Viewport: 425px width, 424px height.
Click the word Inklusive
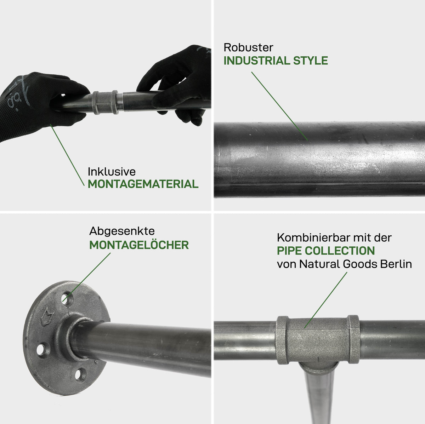[112, 172]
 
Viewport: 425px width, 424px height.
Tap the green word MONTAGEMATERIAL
[143, 184]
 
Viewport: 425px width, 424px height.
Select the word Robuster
[248, 47]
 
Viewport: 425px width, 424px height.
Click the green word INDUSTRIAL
[256, 61]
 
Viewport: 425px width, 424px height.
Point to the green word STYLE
[311, 61]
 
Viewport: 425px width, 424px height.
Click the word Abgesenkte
[122, 231]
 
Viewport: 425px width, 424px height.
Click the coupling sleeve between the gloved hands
[105, 102]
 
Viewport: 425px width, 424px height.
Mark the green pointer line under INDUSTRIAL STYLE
[280, 106]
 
